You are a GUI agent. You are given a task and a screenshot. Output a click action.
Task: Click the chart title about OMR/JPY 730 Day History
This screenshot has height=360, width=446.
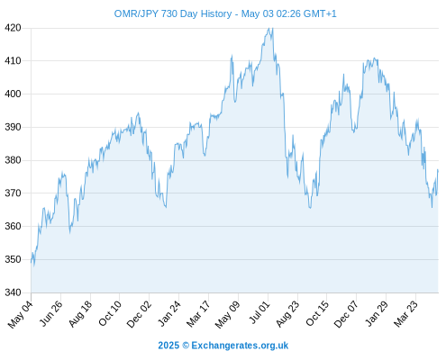tap(225, 13)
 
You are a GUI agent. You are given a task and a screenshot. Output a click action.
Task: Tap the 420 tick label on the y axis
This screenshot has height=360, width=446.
tap(13, 28)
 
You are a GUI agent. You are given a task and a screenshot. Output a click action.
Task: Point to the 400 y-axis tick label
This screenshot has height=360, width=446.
tap(13, 94)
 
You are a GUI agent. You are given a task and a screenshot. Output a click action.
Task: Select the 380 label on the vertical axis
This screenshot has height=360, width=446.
tap(13, 160)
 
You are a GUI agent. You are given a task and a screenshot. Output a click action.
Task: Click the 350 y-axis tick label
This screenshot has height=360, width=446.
tap(13, 259)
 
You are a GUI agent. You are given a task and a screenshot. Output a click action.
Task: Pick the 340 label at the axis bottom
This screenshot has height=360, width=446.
tap(13, 292)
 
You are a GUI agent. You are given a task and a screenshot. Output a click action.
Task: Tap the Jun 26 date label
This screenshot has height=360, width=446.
tap(51, 313)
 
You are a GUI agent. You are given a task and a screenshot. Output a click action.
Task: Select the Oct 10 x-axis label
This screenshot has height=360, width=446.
tap(110, 313)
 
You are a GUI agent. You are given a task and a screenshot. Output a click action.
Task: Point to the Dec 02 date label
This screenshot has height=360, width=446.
tap(139, 314)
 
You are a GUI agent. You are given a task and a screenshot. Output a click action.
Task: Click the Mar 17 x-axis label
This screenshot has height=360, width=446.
tap(198, 314)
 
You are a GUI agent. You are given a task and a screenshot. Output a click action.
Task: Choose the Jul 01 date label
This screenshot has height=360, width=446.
tap(259, 312)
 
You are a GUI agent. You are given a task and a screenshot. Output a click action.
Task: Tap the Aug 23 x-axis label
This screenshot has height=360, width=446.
tap(287, 314)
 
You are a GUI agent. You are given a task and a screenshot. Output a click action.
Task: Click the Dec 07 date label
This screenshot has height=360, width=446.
tap(346, 314)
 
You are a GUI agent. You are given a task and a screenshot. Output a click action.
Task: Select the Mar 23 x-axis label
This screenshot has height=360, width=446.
tap(405, 314)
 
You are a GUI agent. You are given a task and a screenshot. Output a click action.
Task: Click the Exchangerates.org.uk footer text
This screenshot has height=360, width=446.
tap(240, 346)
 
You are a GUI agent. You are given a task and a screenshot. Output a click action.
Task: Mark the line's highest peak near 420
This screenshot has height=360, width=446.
tap(269, 28)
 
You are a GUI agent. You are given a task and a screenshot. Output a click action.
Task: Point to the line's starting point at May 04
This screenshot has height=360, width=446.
tap(31, 262)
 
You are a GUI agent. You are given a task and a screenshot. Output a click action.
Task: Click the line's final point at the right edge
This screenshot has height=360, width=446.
tap(438, 170)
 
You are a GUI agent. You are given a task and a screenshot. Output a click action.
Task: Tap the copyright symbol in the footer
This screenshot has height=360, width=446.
tap(186, 346)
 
